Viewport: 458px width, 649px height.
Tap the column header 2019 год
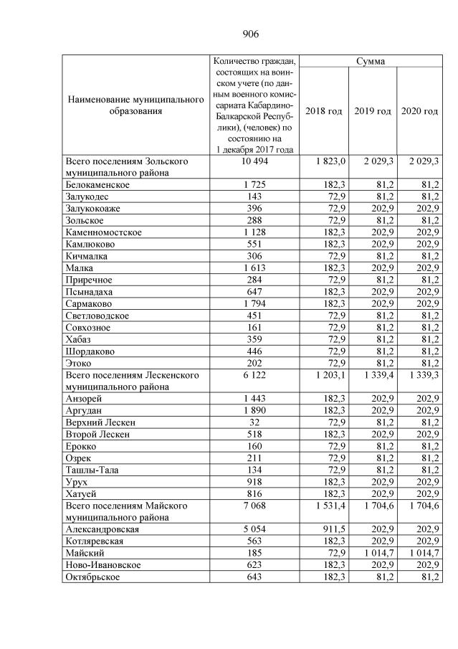(x=372, y=111)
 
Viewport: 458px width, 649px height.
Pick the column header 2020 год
(x=419, y=111)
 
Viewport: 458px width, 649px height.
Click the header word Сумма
(x=371, y=62)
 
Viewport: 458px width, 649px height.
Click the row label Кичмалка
(x=87, y=256)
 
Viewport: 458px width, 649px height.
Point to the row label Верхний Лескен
(x=100, y=422)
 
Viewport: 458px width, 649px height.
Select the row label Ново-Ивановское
(x=102, y=565)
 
